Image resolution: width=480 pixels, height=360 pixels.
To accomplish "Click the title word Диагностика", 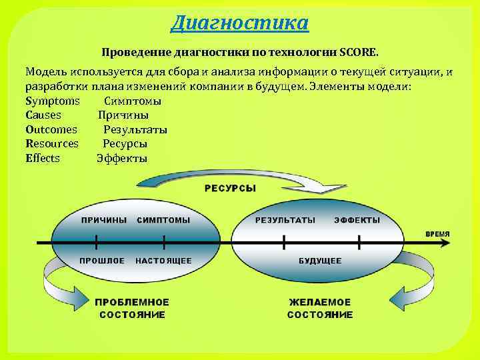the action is [x=239, y=23].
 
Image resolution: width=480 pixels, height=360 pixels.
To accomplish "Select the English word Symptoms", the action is [x=53, y=101].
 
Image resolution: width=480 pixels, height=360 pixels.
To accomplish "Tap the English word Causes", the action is [x=43, y=115].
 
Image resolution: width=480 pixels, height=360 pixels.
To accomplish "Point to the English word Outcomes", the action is [x=51, y=129].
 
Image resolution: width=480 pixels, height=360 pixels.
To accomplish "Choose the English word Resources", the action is [x=52, y=143].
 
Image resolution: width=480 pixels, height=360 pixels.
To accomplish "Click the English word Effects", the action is [x=43, y=158].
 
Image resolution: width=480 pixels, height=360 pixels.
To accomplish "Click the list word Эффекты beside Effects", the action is [x=122, y=158].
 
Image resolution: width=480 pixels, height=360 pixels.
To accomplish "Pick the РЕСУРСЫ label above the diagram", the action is [x=230, y=189].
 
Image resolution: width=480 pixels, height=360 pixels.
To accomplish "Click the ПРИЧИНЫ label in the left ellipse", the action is [x=103, y=220].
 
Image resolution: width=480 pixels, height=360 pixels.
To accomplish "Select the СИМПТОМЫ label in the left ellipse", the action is [x=163, y=220].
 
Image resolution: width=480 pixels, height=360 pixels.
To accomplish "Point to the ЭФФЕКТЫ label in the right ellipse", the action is [x=357, y=220].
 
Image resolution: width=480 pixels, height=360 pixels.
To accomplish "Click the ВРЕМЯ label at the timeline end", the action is [x=437, y=234].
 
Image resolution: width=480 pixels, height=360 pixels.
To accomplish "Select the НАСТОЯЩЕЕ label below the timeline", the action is [x=163, y=261].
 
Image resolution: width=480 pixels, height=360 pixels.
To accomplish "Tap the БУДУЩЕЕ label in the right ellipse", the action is [x=320, y=261].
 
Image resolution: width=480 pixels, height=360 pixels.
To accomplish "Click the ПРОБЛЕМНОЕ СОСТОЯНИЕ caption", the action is [x=132, y=308].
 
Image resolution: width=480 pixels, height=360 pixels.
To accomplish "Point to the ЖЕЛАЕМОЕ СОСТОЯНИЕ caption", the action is [x=320, y=308].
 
